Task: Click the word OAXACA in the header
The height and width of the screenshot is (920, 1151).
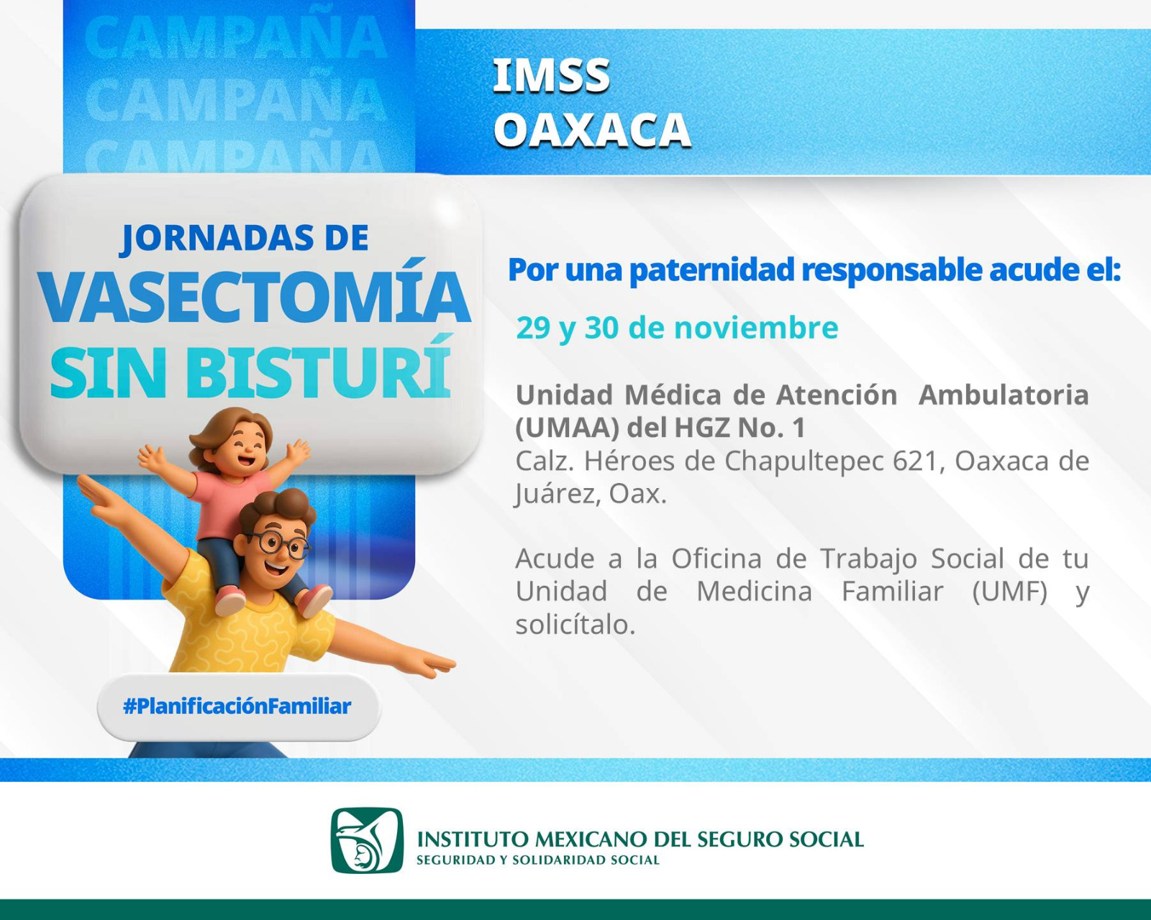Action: click(x=592, y=130)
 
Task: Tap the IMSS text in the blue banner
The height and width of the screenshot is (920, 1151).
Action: click(x=551, y=76)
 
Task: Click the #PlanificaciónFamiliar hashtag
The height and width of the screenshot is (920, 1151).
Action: click(x=237, y=706)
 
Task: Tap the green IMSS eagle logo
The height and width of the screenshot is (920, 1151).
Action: click(x=367, y=840)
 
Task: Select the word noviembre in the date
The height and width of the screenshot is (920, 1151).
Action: click(x=756, y=328)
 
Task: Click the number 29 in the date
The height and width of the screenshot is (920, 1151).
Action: click(x=533, y=328)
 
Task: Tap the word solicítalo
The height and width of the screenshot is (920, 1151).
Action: click(x=575, y=625)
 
